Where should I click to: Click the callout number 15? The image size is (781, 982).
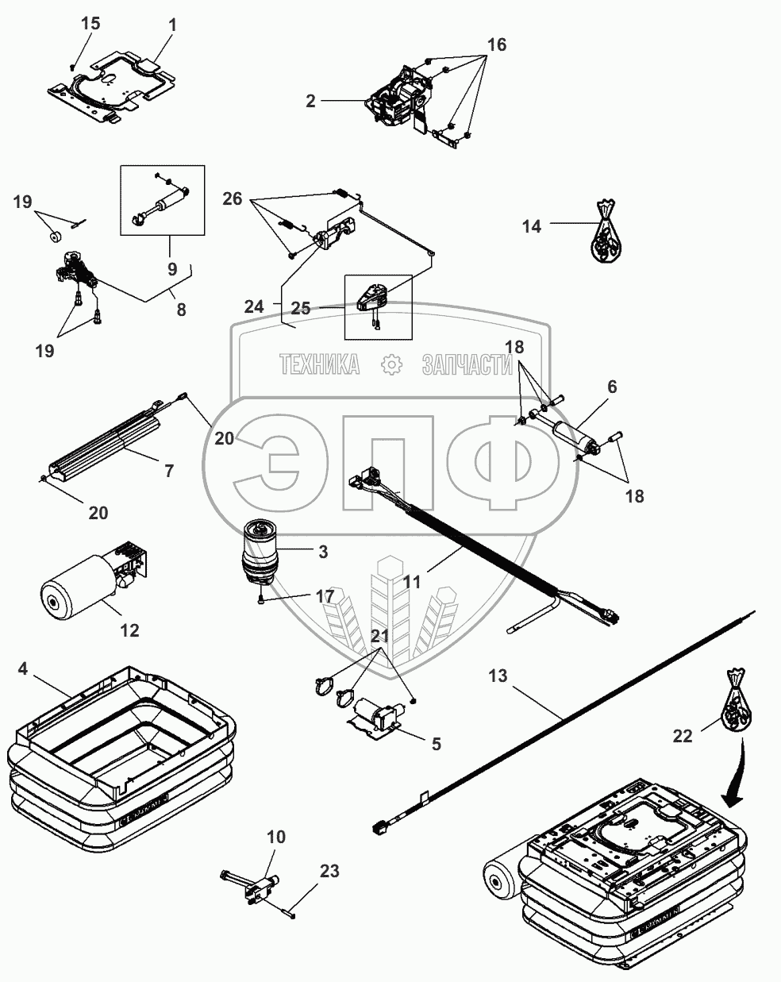point(91,23)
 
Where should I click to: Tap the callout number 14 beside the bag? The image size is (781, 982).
point(532,226)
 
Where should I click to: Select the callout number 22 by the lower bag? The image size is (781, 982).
point(683,736)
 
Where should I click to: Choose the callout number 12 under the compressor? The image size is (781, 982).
point(129,630)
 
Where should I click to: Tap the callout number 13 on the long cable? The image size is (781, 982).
point(497,676)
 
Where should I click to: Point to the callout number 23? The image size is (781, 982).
point(329,871)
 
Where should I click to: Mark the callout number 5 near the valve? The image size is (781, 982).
point(436,744)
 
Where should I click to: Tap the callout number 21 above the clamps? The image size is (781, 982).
point(379,636)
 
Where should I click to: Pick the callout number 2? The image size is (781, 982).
point(310,101)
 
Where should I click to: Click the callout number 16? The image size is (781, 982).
point(495,44)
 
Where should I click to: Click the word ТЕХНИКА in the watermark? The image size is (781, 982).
point(319,364)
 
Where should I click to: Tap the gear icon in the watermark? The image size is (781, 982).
point(390,364)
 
